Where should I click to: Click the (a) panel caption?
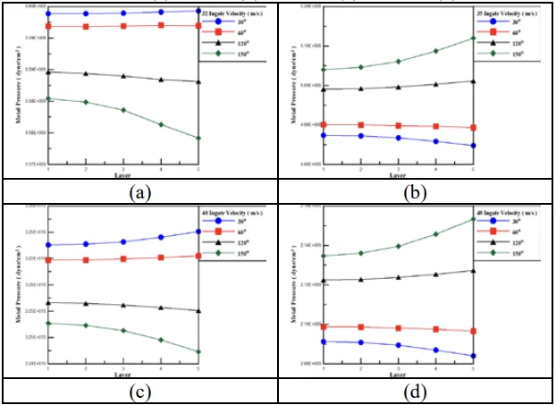tap(139, 191)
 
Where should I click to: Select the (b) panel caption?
tap(417, 191)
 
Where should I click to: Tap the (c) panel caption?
tap(139, 392)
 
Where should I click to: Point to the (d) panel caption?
tap(417, 392)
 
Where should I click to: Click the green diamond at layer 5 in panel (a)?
tap(198, 138)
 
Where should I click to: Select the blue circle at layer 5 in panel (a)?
tap(198, 11)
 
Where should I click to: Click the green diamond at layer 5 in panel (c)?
tap(198, 351)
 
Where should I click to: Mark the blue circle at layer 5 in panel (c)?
tap(198, 232)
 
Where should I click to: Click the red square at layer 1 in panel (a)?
tap(48, 27)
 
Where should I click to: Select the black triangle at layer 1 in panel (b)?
tap(324, 89)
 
